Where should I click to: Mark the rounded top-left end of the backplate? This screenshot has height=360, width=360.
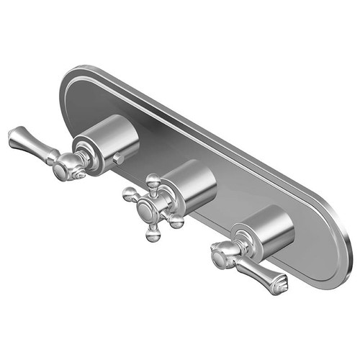[x=72, y=83]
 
